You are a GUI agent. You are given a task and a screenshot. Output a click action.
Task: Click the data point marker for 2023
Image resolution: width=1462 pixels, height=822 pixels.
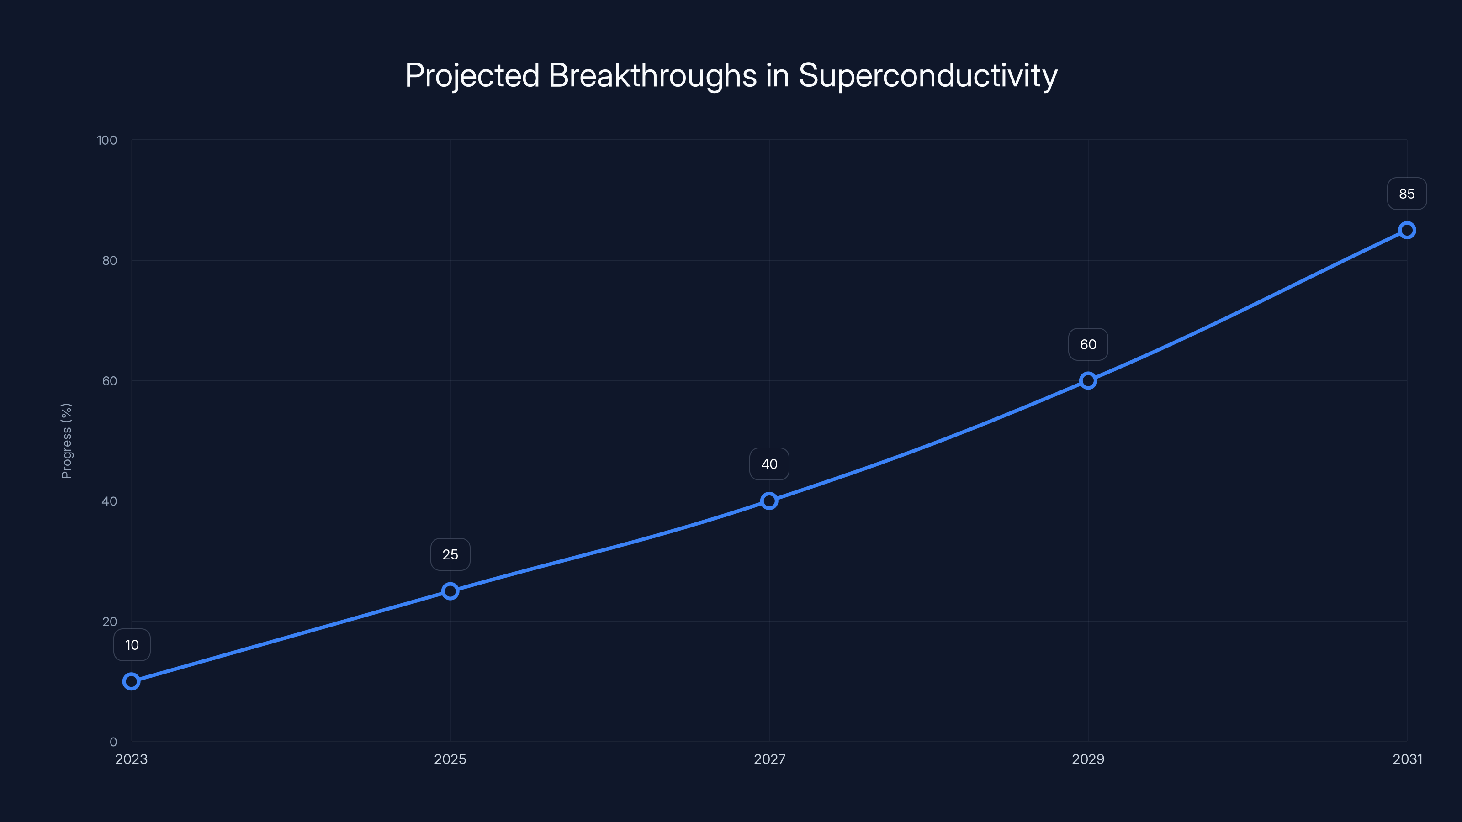131,681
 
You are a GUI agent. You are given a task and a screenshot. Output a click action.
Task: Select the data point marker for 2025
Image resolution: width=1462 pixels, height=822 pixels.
450,591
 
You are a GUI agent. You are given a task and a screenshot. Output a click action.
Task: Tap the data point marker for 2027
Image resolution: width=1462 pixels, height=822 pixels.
769,501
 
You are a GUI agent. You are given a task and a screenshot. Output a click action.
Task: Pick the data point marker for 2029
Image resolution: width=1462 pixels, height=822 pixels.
1088,381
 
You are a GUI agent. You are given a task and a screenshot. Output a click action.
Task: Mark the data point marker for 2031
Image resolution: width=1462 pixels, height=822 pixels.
1407,230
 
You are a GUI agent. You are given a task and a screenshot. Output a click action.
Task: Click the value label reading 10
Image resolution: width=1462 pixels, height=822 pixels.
132,645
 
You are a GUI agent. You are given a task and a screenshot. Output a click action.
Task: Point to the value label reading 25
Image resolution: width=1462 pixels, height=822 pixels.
450,554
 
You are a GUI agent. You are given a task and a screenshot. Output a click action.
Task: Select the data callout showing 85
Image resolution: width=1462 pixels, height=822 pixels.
1407,194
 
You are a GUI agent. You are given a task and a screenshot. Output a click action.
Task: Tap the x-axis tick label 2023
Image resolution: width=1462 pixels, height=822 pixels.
131,759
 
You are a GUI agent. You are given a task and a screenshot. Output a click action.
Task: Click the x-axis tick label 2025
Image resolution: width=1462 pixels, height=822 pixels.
450,759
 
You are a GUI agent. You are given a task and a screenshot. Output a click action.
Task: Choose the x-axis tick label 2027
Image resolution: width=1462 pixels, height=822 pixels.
769,759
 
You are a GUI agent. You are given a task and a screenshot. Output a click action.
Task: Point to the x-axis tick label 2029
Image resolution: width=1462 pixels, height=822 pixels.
1088,759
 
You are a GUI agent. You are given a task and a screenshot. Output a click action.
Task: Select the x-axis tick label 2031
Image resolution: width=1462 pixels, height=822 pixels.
1407,759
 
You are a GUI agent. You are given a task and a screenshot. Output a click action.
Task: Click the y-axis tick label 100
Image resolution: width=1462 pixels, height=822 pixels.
107,140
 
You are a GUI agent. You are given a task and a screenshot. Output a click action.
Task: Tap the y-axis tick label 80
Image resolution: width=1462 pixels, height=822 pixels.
110,260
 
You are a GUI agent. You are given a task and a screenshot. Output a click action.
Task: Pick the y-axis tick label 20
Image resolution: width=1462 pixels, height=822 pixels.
110,622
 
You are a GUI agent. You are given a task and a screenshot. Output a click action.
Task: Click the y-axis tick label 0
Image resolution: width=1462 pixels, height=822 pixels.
113,742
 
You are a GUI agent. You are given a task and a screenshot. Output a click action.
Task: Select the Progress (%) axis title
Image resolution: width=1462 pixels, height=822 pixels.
66,441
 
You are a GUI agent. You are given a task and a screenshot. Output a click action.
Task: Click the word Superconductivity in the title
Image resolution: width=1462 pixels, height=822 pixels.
927,75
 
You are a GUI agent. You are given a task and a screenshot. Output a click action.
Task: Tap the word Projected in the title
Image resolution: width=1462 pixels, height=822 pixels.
472,75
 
